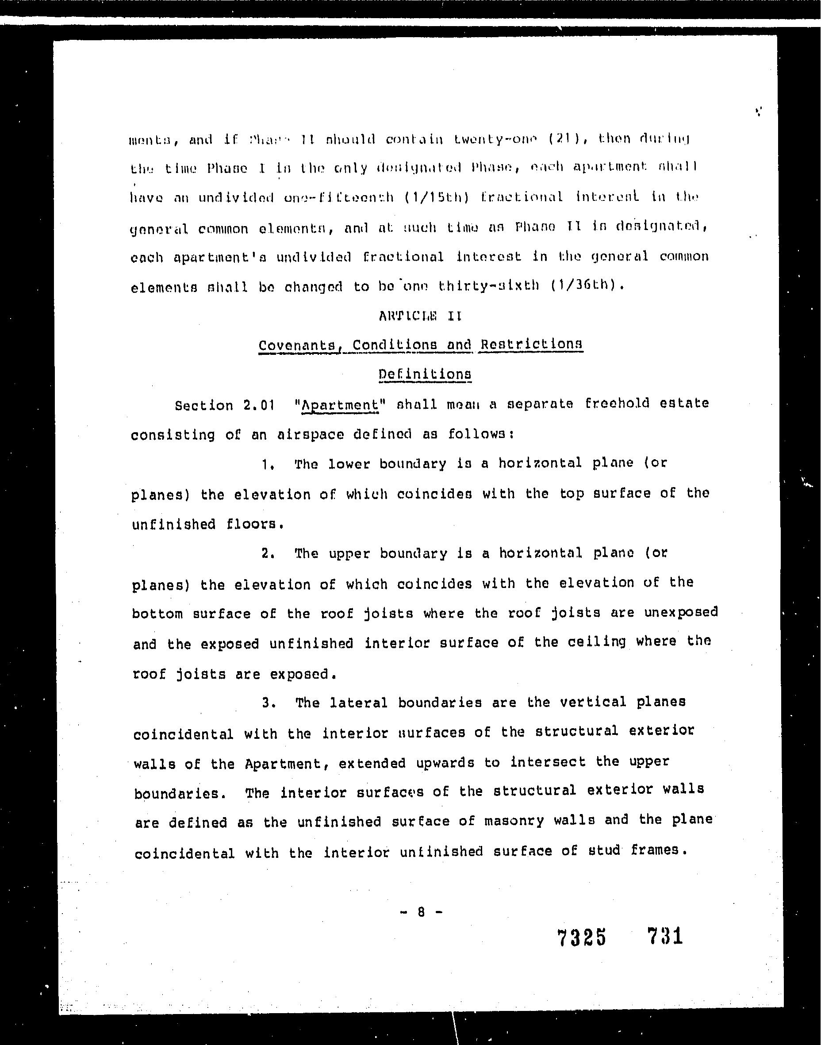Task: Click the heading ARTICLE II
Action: click(x=420, y=316)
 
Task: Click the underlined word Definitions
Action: click(x=425, y=374)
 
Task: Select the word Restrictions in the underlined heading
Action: click(x=532, y=344)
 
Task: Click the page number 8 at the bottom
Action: click(x=421, y=912)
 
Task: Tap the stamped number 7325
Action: click(x=582, y=937)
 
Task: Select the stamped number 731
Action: click(x=665, y=936)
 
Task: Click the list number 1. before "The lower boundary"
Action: click(x=268, y=465)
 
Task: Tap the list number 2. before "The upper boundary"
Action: click(x=268, y=553)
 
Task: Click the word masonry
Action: click(x=514, y=821)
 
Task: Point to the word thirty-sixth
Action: click(x=489, y=286)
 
